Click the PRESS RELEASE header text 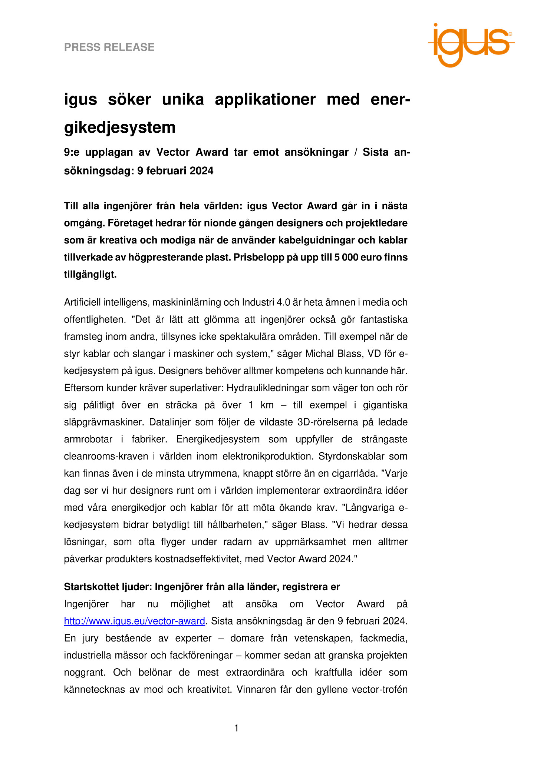[x=109, y=47]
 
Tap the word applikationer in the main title [x=265, y=99]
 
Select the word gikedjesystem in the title [x=120, y=127]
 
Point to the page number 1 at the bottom [x=237, y=728]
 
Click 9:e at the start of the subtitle [x=72, y=152]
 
